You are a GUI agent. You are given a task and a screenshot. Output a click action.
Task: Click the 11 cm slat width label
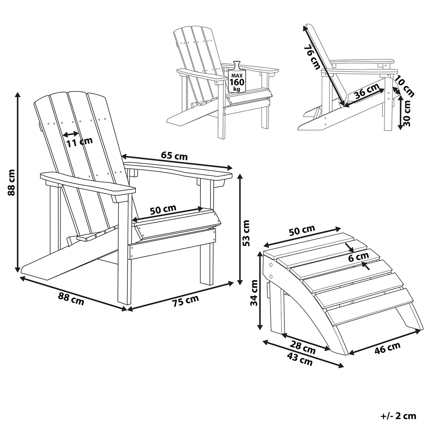click(80, 142)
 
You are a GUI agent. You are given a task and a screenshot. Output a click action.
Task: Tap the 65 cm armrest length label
click(174, 156)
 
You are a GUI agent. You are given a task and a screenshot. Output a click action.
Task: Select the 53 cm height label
click(246, 233)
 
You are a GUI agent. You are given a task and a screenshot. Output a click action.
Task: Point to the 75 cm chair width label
click(185, 301)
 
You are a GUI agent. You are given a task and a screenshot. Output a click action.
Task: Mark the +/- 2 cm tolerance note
click(398, 416)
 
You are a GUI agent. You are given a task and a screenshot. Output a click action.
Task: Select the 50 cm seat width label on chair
click(163, 209)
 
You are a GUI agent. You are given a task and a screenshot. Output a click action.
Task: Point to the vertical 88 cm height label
click(11, 182)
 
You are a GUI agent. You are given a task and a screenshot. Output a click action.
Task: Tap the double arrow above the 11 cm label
click(71, 134)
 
